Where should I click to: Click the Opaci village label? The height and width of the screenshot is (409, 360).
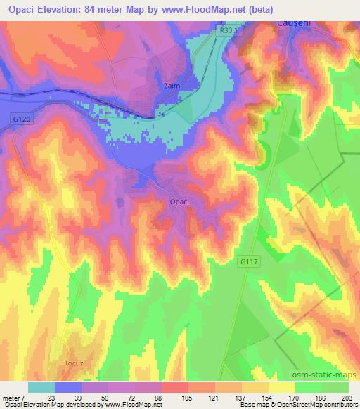pyautogui.click(x=179, y=202)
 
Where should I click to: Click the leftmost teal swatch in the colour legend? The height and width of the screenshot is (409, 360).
pyautogui.click(x=41, y=387)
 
